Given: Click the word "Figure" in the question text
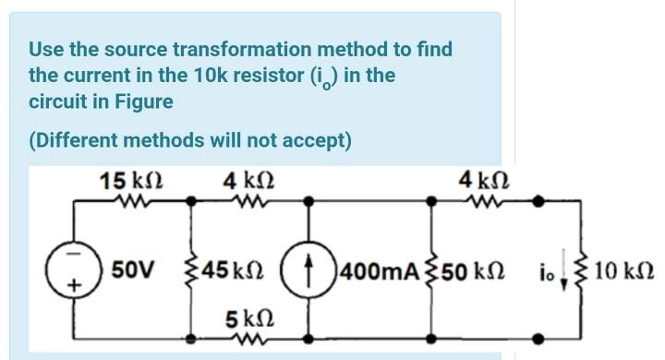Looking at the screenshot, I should tap(145, 100).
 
